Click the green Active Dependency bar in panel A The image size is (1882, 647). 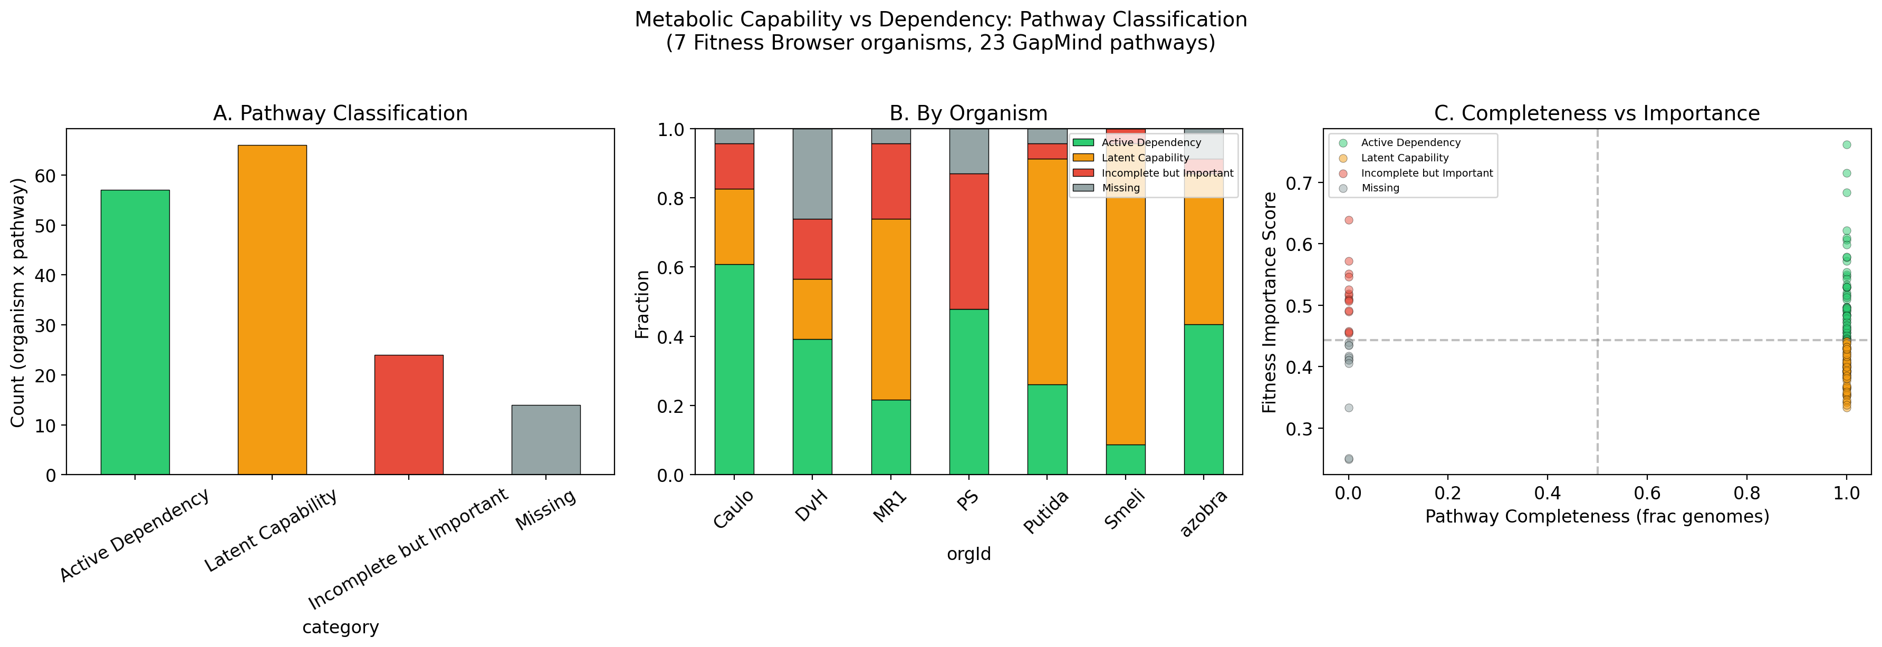point(135,332)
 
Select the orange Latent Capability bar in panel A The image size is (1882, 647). point(272,311)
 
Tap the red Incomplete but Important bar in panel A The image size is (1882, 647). point(408,415)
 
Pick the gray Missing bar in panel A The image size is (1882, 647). point(546,440)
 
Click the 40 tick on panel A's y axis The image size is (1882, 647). point(50,275)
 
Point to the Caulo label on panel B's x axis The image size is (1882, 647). point(733,510)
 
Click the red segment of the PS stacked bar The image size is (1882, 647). point(969,241)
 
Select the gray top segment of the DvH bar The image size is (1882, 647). point(812,174)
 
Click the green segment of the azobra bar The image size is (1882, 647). point(1203,400)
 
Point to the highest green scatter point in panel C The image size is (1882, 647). point(1846,144)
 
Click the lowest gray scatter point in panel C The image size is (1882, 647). point(1349,459)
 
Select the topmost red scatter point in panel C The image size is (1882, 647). point(1349,220)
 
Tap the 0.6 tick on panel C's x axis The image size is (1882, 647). point(1647,494)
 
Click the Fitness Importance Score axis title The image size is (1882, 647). point(1269,302)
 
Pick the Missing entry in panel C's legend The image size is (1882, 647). point(1379,188)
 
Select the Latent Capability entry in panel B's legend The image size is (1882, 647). point(1145,158)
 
